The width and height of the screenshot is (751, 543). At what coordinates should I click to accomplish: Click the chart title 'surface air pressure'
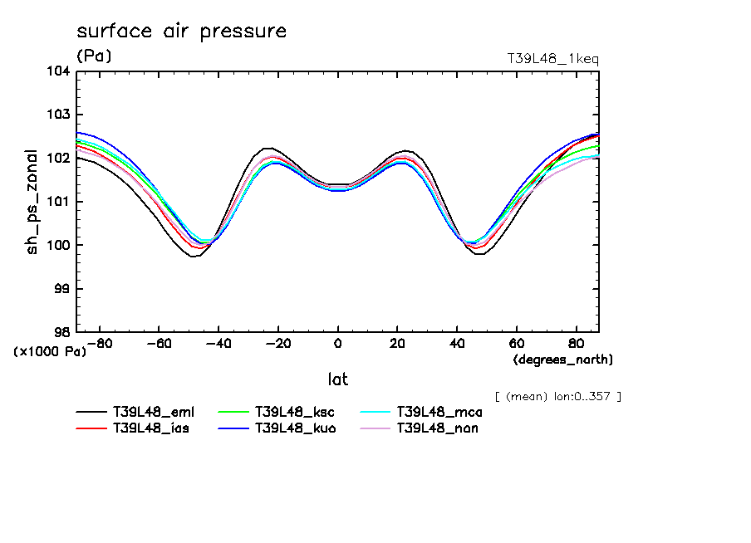coord(181,32)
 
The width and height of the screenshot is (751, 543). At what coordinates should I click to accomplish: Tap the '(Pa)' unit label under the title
coord(94,56)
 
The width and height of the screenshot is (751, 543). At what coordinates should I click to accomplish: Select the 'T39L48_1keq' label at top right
coord(552,59)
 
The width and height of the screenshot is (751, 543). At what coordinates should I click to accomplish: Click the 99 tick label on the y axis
coord(61,289)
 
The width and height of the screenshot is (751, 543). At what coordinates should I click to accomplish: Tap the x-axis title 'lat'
coord(337,379)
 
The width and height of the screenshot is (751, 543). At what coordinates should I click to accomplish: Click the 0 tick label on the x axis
coord(337,344)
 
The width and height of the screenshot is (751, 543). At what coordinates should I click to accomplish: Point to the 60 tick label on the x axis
coord(516,344)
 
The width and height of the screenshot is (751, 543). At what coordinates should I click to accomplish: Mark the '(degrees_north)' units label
coord(563,360)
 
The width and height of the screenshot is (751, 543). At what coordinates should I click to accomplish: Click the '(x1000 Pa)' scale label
coord(49,352)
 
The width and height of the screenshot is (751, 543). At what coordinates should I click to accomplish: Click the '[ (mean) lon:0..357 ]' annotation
coord(557,396)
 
